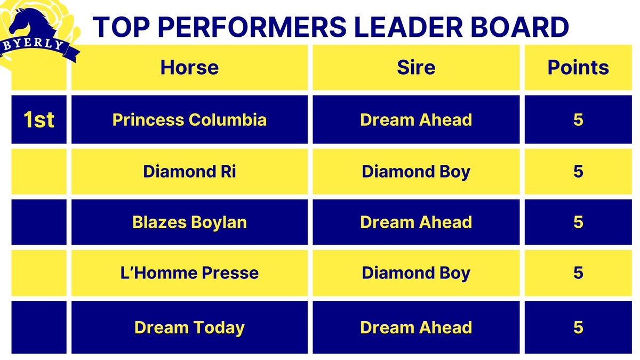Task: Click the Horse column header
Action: click(x=189, y=68)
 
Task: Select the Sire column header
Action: click(x=416, y=68)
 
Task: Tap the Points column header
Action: click(x=578, y=68)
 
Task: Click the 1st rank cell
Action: click(x=39, y=120)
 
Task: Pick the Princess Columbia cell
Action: click(x=189, y=120)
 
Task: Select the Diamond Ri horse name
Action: click(x=189, y=172)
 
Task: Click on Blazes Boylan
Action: click(x=189, y=222)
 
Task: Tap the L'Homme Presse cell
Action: click(x=189, y=273)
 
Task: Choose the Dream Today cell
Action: click(x=189, y=327)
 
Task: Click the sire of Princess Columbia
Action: click(x=416, y=120)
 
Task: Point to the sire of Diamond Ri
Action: click(x=416, y=172)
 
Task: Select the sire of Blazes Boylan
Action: click(x=416, y=222)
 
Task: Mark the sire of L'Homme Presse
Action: click(x=416, y=273)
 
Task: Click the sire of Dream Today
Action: click(x=416, y=327)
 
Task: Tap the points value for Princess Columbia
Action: click(x=578, y=120)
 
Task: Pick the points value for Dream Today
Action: click(x=578, y=327)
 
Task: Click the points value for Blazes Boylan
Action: click(x=578, y=222)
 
